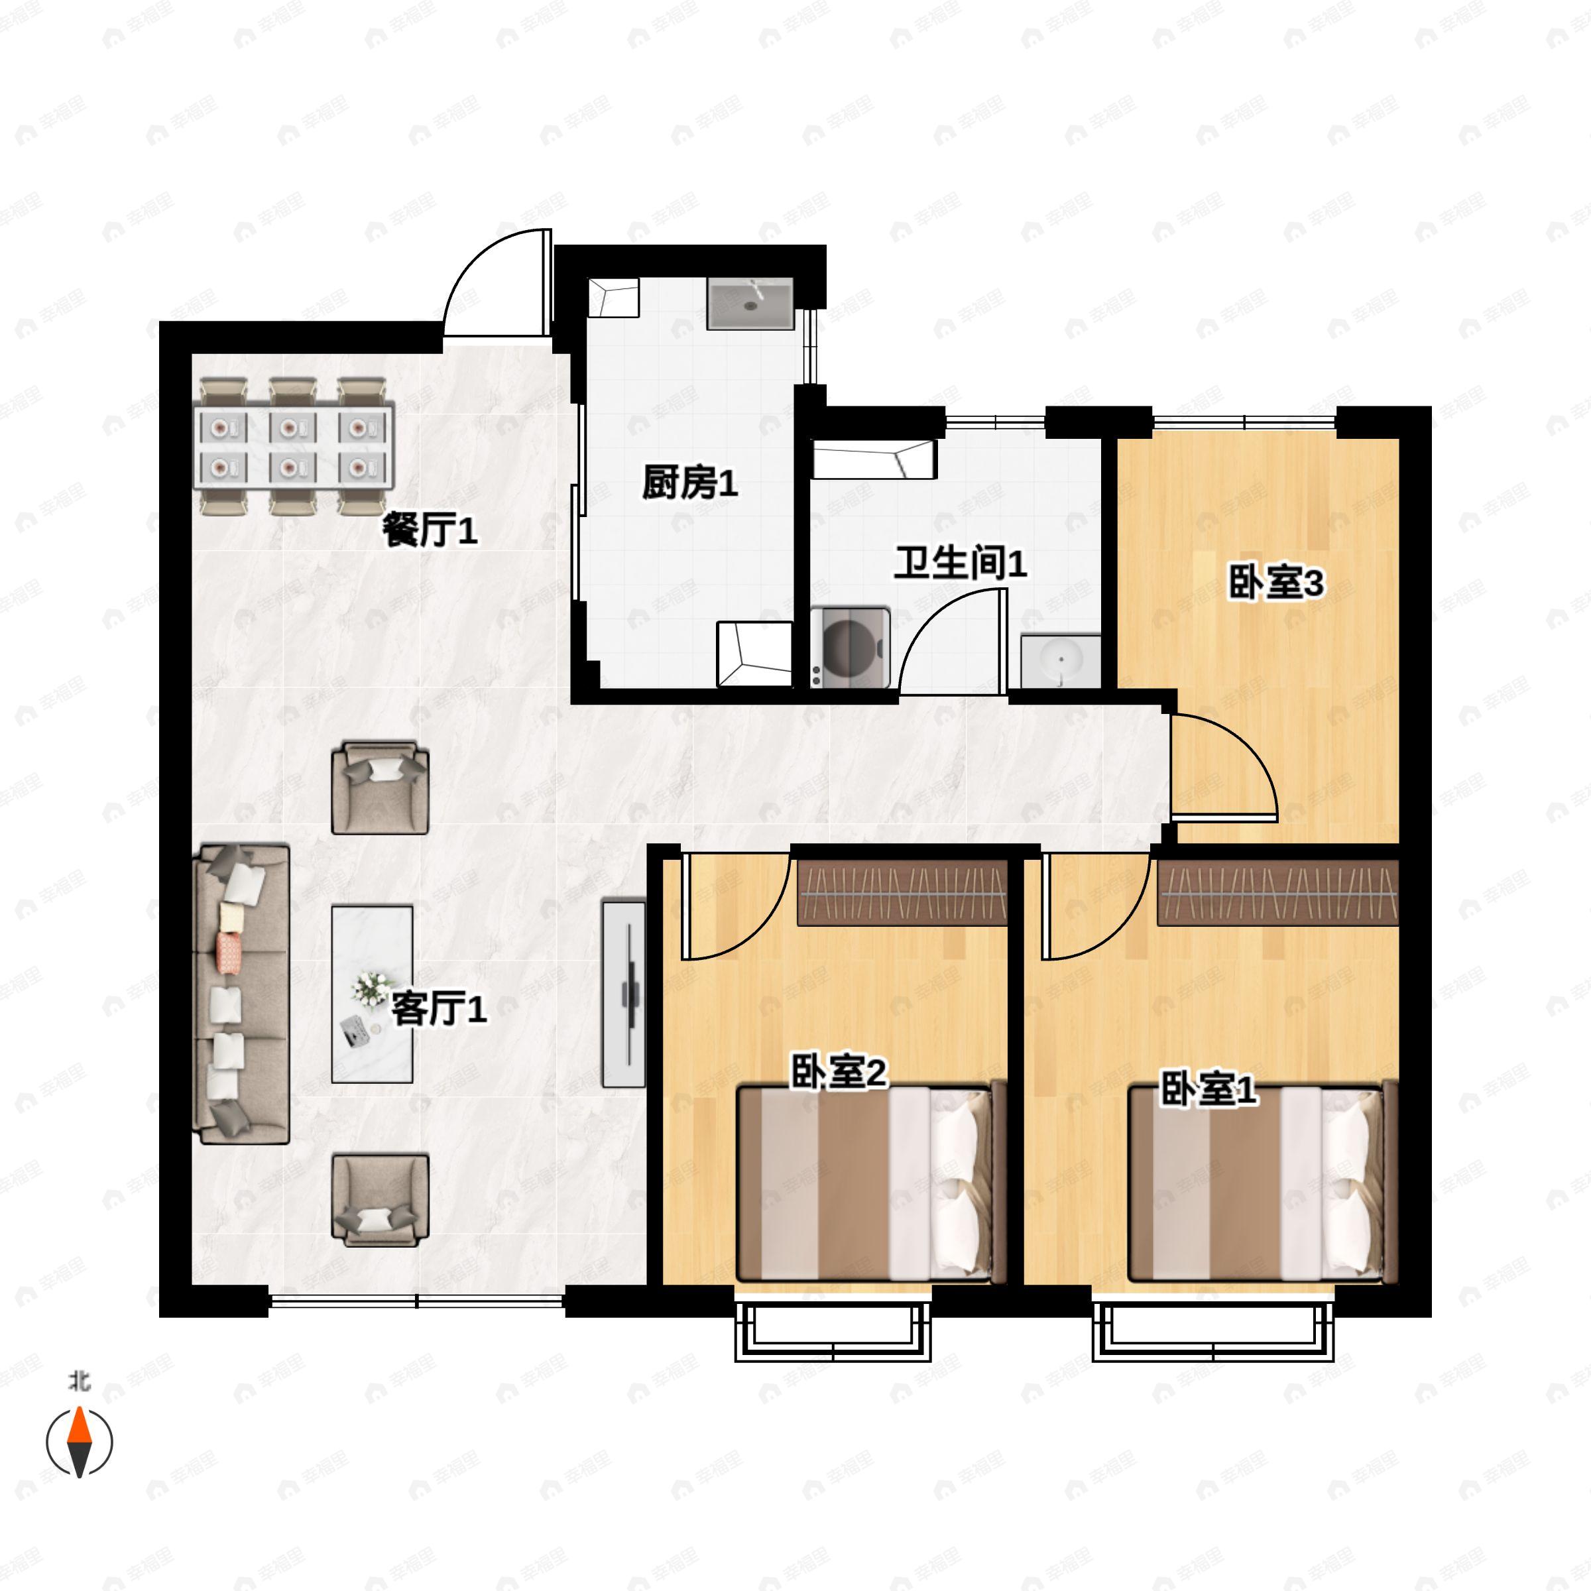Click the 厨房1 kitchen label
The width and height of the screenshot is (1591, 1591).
tap(690, 483)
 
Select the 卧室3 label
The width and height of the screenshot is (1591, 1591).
tap(1276, 583)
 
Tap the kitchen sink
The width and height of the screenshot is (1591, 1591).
tap(750, 304)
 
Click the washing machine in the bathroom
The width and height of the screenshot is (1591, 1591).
tap(851, 647)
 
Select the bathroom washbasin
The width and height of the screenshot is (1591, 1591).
tap(1061, 660)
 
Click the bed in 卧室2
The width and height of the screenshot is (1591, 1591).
tap(871, 1182)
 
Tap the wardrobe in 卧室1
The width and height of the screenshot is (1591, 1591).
tap(1278, 894)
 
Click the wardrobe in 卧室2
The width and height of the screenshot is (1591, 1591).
tap(902, 894)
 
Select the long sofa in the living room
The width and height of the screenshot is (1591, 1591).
tap(241, 993)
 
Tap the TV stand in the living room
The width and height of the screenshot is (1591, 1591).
tap(624, 994)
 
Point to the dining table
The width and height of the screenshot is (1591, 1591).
tap(294, 445)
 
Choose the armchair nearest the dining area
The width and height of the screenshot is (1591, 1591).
tap(380, 788)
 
